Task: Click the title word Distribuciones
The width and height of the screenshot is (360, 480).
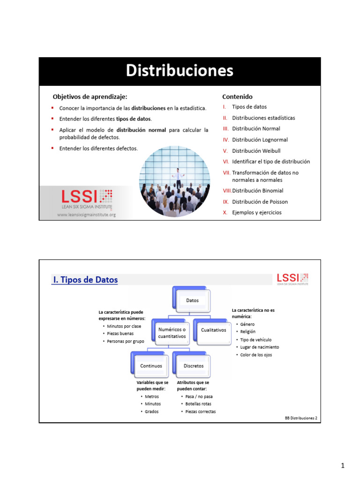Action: (x=180, y=70)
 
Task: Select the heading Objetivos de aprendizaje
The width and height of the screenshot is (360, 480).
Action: (x=90, y=97)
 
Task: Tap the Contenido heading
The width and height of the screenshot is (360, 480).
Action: (x=237, y=97)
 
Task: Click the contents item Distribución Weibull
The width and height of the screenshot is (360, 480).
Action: (x=256, y=150)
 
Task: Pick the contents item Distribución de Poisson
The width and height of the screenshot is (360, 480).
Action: (x=260, y=202)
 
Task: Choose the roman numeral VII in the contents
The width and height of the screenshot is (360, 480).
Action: (x=226, y=172)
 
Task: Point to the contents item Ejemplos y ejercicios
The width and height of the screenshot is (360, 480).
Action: (x=257, y=212)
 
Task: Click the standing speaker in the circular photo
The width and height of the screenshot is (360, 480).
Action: (x=178, y=178)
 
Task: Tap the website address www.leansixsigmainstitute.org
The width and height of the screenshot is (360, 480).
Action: (x=86, y=215)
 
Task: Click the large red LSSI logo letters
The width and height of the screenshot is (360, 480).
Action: (x=79, y=196)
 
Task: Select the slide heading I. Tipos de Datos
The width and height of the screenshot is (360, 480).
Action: (x=85, y=279)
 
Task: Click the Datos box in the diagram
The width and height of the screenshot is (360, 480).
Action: (x=192, y=300)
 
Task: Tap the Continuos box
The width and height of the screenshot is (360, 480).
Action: (x=150, y=365)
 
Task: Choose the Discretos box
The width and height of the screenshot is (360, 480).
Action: (x=192, y=365)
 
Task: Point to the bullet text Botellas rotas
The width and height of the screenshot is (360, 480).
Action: (x=198, y=404)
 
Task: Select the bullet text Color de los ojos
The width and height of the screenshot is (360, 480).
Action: (x=256, y=355)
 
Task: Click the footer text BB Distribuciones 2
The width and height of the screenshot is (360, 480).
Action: (x=301, y=418)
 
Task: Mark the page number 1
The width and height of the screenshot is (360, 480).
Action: (x=343, y=465)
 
